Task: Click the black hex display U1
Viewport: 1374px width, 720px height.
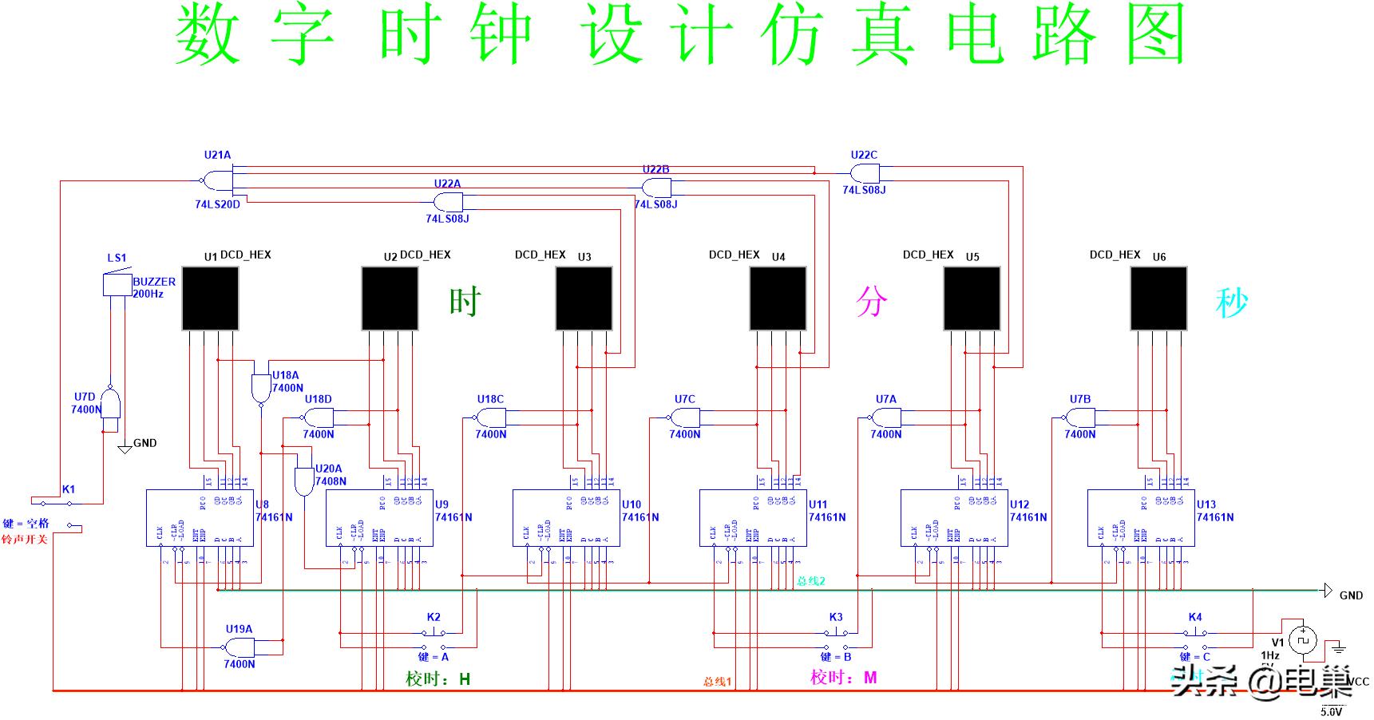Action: [211, 299]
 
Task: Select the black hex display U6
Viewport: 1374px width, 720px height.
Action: [1158, 299]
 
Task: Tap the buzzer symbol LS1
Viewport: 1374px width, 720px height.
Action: [117, 285]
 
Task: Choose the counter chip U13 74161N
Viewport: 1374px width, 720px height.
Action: [1141, 518]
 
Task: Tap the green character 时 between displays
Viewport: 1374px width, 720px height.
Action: [465, 302]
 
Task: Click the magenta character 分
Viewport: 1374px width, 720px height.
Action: [871, 302]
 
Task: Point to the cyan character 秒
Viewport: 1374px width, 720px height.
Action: [1231, 302]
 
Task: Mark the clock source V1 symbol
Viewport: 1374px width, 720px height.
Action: [1303, 639]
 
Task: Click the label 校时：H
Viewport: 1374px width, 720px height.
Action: [438, 679]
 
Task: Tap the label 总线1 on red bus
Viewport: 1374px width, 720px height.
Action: [717, 682]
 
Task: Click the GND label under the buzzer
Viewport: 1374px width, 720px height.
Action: [145, 443]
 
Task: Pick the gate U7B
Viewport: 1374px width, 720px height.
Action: [1079, 417]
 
